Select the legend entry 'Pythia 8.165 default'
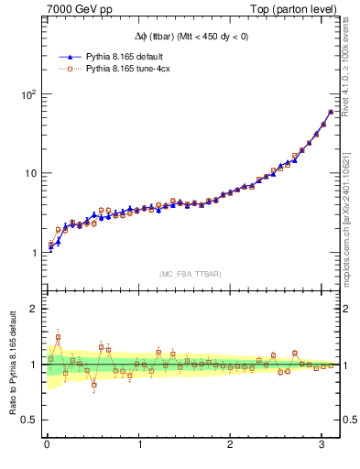(126, 56)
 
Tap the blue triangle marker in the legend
(68, 56)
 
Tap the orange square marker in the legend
(68, 68)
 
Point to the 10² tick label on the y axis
(27, 94)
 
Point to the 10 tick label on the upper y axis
(29, 173)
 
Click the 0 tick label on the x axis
(47, 446)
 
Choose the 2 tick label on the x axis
(230, 446)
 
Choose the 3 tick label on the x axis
(322, 446)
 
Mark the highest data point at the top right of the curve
(331, 112)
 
